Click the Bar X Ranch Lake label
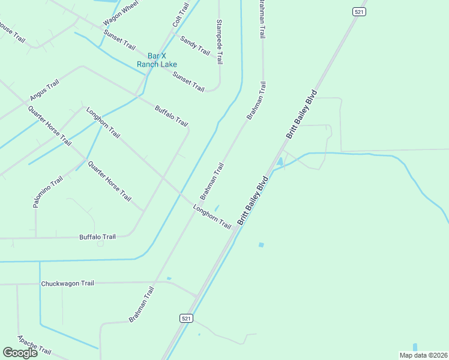tap(157, 60)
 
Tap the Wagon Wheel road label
tap(121, 13)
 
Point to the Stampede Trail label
tap(220, 41)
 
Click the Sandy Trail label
tap(195, 46)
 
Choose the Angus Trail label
tap(44, 89)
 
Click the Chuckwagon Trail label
tap(68, 283)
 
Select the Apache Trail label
tap(34, 345)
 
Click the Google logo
tap(20, 353)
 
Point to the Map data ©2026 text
tap(423, 355)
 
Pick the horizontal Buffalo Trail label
tap(97, 237)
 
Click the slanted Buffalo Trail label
tap(172, 116)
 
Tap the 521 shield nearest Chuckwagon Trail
tap(186, 318)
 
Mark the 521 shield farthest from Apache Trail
tap(358, 12)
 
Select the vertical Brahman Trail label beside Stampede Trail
tap(261, 20)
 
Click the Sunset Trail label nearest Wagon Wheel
tap(119, 39)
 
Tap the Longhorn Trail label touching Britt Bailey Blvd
tap(212, 217)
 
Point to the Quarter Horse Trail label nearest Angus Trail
tap(49, 125)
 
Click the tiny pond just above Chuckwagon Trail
tap(169, 278)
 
